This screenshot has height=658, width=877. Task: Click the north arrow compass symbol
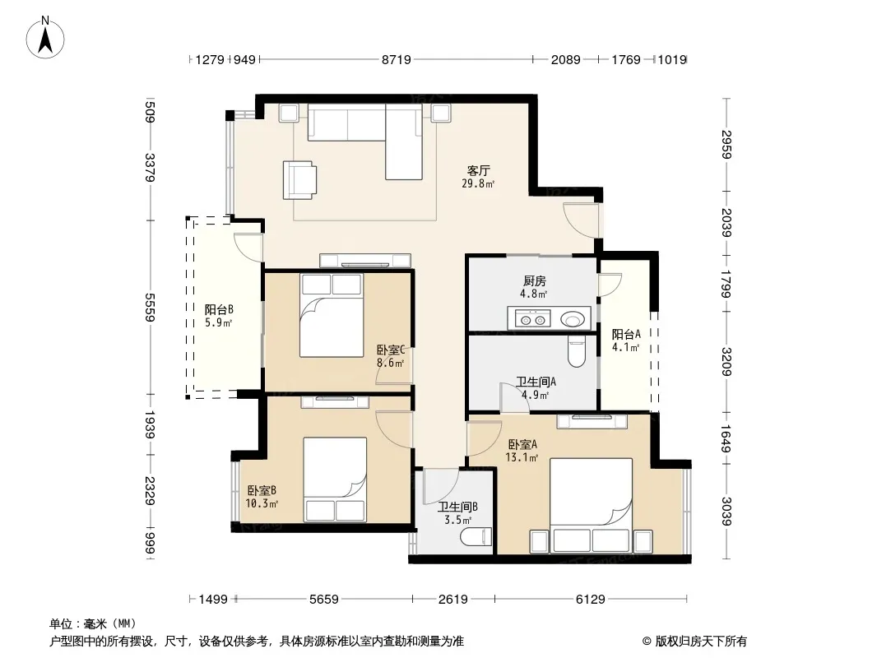[x=45, y=38]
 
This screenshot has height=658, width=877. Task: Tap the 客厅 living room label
[x=479, y=170]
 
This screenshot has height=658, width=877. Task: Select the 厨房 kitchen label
[x=535, y=280]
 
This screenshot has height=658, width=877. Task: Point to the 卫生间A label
[x=536, y=382]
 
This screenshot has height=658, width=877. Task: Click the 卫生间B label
[x=457, y=507]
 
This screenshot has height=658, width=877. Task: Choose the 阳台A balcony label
[x=626, y=334]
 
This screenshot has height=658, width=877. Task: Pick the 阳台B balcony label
[x=219, y=309]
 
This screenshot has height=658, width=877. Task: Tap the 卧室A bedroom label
[x=523, y=444]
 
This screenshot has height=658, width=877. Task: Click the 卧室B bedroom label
[x=262, y=490]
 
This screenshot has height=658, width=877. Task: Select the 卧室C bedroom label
[x=391, y=350]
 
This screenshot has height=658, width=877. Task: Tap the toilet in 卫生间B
[x=476, y=537]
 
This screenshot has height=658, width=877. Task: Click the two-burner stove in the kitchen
[x=532, y=319]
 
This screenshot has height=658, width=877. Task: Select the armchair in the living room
[x=299, y=180]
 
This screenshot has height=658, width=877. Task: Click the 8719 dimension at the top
[x=396, y=59]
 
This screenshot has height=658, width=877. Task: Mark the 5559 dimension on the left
[x=150, y=307]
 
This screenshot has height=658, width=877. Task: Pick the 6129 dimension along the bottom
[x=591, y=600]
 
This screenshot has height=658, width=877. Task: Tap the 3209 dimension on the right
[x=726, y=362]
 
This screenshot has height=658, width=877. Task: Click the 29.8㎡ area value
[x=478, y=183]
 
